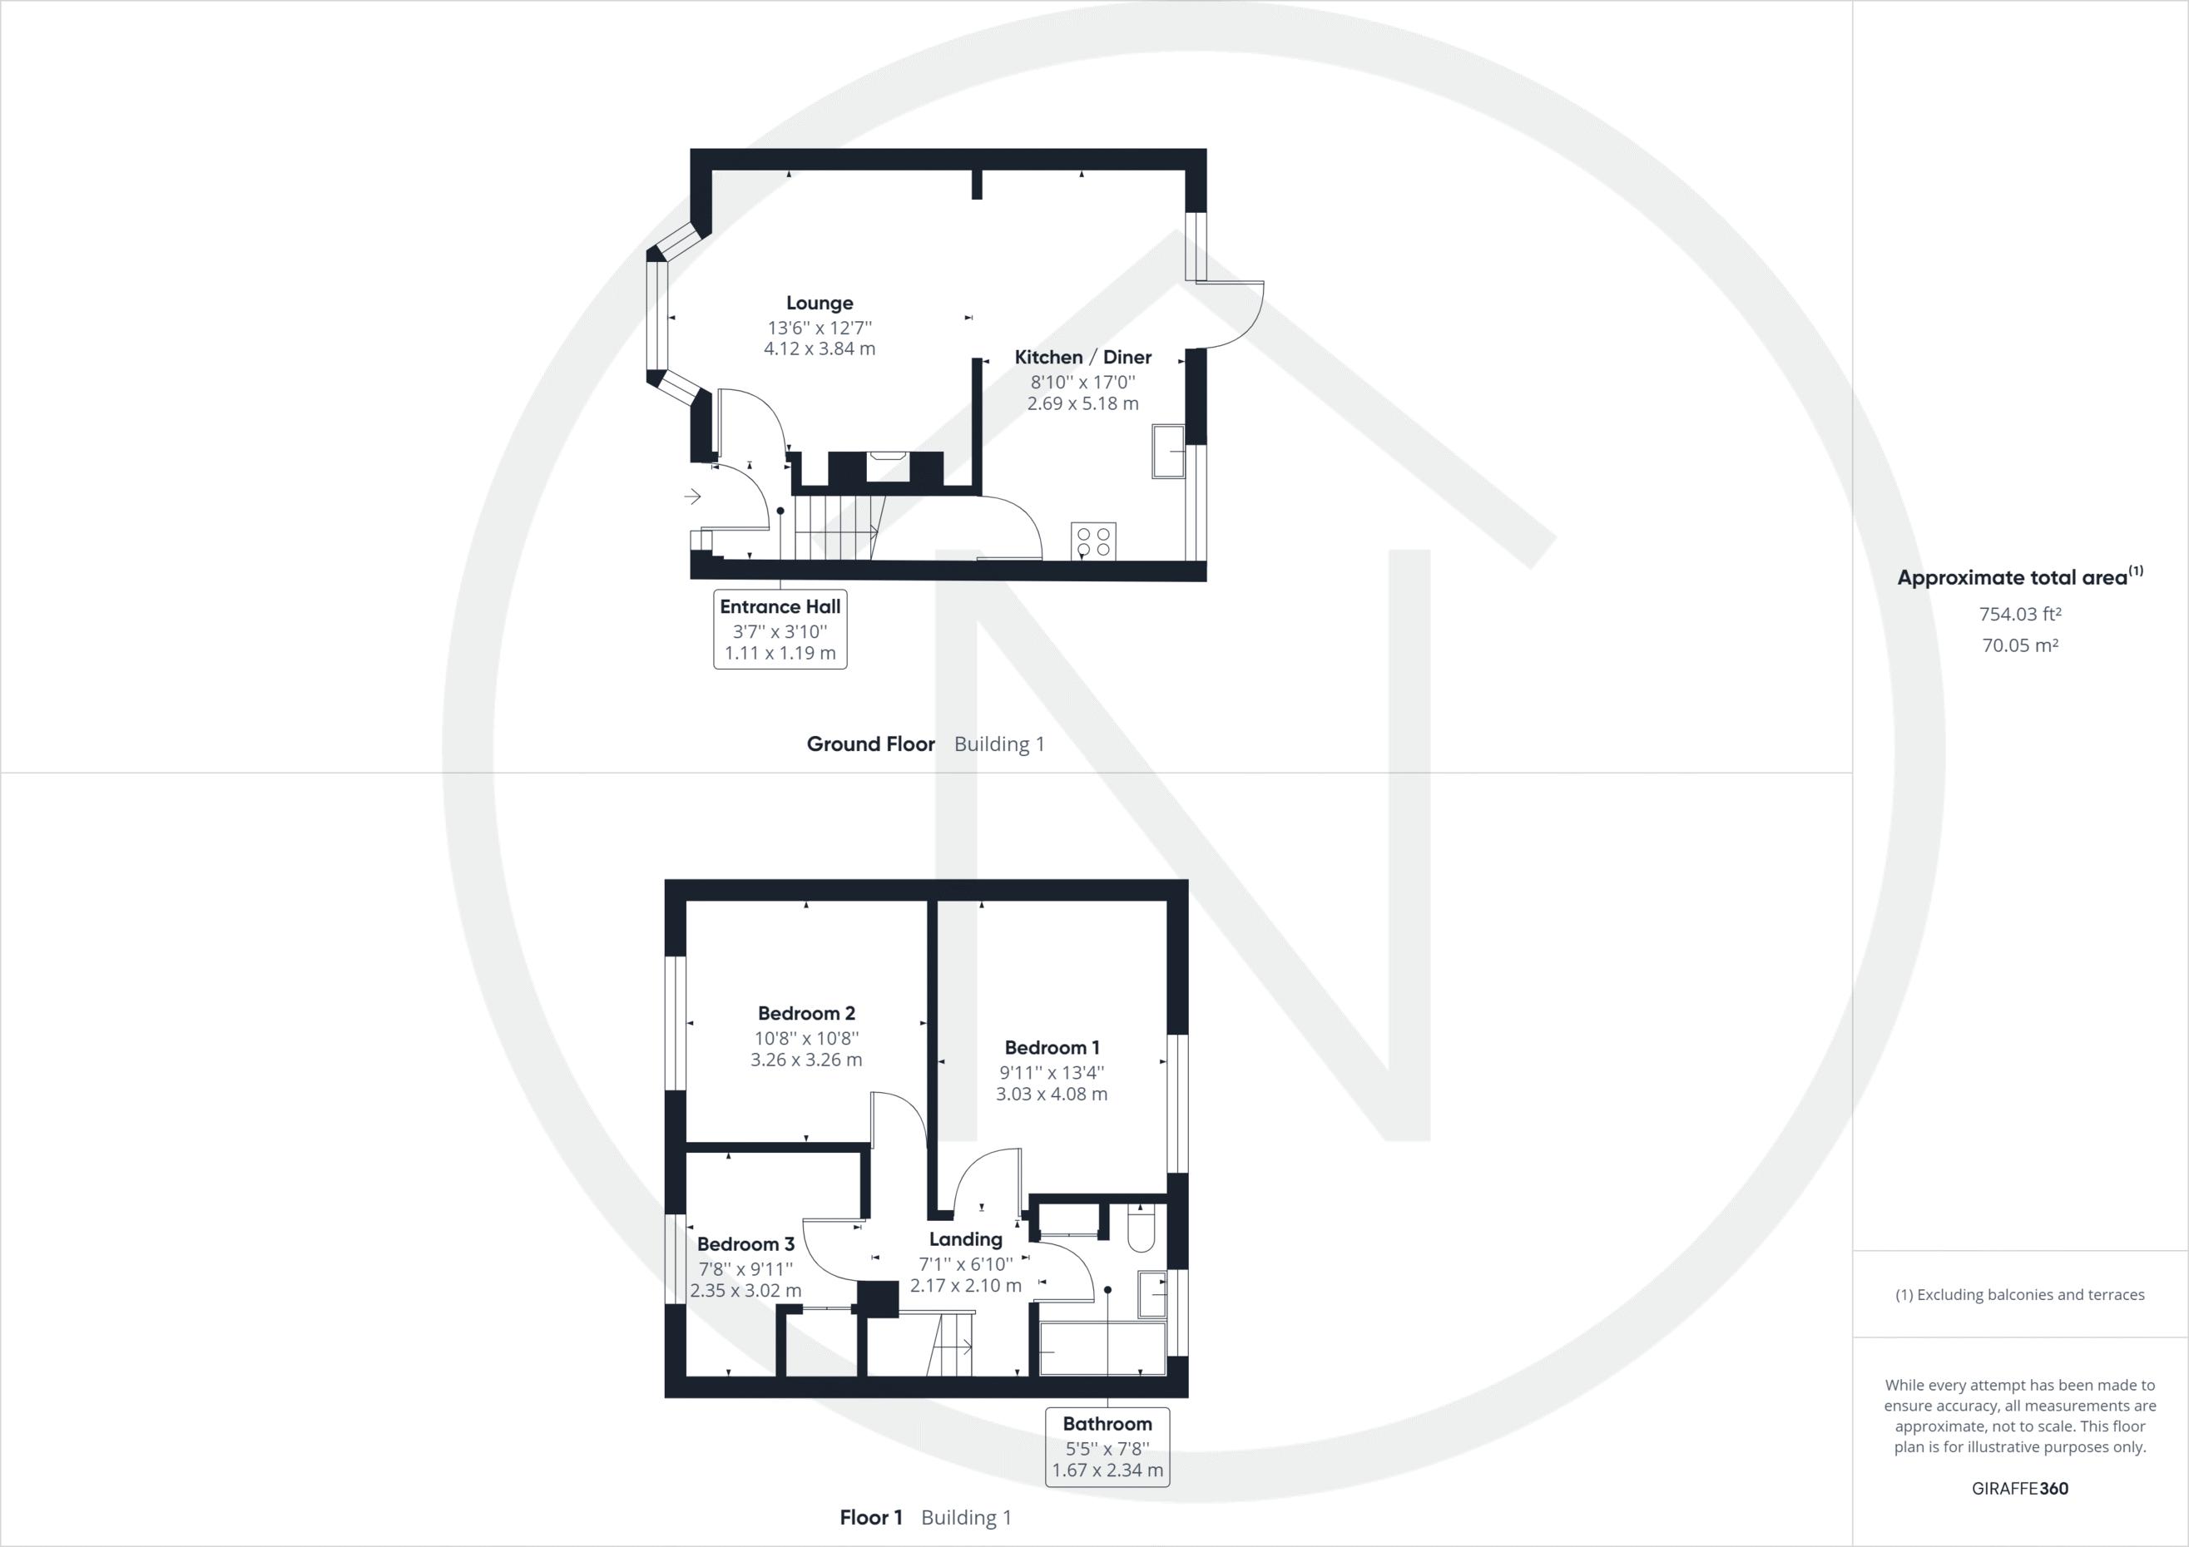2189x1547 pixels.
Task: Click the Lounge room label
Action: (819, 303)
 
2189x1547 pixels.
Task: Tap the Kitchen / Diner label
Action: (1082, 358)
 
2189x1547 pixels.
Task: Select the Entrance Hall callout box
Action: (780, 629)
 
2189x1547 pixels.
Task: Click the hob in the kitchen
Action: (1093, 541)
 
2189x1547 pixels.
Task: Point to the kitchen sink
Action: (1168, 452)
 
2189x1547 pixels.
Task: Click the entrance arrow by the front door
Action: (693, 497)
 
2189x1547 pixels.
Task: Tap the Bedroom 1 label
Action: (1052, 1047)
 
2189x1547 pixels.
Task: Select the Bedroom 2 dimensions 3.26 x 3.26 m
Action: (805, 1059)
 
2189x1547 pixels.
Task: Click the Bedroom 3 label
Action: (745, 1244)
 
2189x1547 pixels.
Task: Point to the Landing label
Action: (965, 1239)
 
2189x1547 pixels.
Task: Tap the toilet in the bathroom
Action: (1142, 1229)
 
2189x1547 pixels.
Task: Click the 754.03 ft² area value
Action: (2020, 615)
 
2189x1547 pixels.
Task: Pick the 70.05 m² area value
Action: (2020, 645)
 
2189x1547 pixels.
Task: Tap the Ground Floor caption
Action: (870, 744)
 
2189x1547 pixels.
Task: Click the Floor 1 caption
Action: (870, 1517)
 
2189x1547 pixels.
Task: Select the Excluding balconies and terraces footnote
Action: (2019, 1294)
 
